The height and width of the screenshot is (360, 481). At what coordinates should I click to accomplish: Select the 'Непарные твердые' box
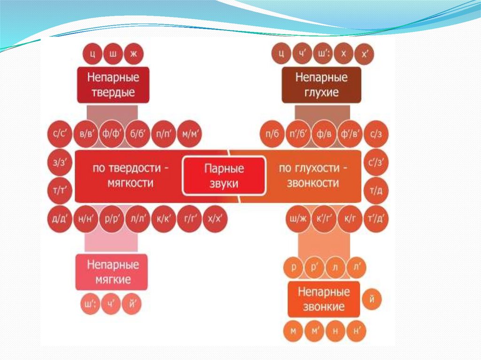click(113, 85)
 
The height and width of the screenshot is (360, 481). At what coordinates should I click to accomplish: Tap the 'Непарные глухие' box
click(321, 85)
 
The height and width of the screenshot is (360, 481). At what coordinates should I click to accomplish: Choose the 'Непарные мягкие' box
click(112, 272)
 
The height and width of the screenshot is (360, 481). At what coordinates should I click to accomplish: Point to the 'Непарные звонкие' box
click(324, 299)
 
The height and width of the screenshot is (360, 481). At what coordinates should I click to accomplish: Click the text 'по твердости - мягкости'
click(124, 176)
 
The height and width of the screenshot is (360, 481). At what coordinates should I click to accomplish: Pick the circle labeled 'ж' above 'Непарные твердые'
click(133, 54)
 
